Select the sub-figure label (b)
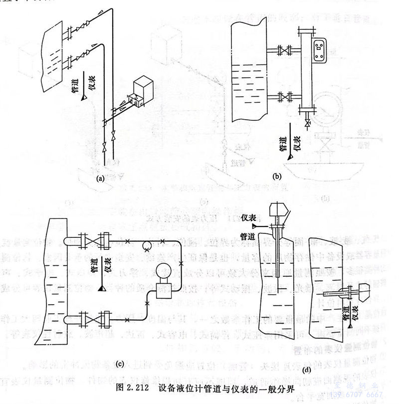(x=277, y=176)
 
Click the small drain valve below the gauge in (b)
(x=307, y=123)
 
